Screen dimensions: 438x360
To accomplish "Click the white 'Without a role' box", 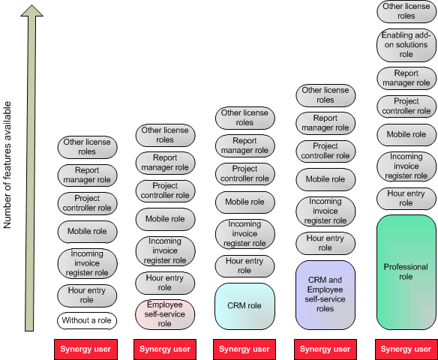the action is coord(87,320).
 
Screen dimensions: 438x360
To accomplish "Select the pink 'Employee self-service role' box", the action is coord(165,314).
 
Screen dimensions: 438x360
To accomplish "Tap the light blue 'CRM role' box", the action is coord(244,306).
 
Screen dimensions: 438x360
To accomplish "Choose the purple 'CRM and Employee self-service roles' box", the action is coord(325,295).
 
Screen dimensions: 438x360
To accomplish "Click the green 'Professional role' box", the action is coord(406,272).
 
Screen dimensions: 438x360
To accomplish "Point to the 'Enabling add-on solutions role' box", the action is coord(406,45).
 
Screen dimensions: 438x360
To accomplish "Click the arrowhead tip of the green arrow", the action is coord(31,5).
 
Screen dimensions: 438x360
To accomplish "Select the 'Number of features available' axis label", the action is coord(7,165).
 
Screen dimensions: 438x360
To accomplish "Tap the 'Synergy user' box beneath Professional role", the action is coord(406,349).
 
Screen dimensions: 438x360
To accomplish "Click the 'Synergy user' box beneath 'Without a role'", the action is coord(85,349).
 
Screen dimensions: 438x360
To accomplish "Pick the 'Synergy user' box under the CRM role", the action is coord(244,349).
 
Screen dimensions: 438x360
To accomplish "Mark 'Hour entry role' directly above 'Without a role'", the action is coord(87,295).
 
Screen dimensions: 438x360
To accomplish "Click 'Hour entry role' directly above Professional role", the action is coord(406,198).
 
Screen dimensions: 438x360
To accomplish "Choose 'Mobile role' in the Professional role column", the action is coord(406,134).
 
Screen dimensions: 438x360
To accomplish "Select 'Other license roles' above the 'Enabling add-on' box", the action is coord(406,11).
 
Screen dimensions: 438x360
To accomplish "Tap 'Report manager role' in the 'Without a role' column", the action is coord(87,175).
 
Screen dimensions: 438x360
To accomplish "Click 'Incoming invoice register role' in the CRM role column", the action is coord(244,234).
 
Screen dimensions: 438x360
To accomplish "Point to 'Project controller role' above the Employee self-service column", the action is coord(165,190).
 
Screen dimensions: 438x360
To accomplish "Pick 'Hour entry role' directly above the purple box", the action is coord(325,243).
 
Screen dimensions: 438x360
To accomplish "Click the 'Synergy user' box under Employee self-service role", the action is coord(165,349).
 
